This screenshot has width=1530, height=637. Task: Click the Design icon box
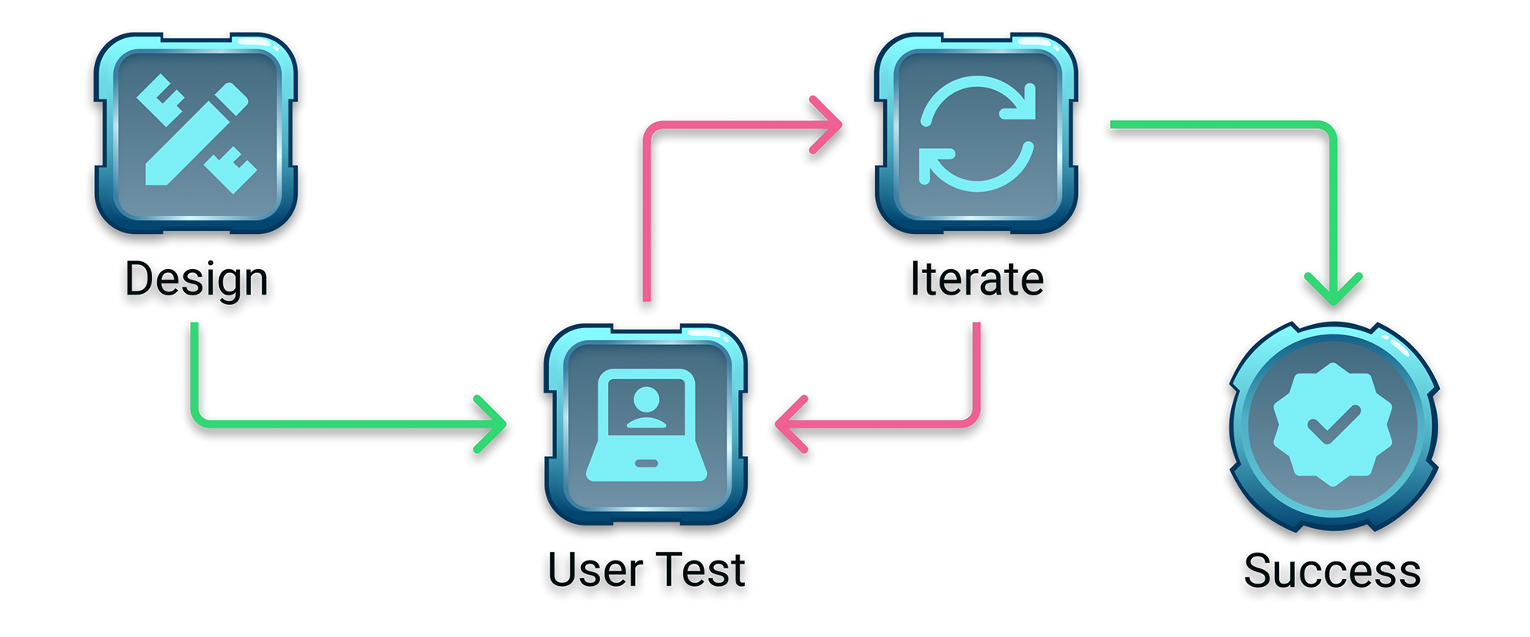click(196, 133)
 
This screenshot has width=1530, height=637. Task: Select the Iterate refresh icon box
click(977, 133)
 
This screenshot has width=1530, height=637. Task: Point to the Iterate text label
click(977, 281)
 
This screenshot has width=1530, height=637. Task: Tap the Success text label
click(1333, 572)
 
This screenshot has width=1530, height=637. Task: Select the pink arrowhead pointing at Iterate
click(829, 124)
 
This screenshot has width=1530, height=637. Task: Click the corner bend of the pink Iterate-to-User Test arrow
click(975, 420)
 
